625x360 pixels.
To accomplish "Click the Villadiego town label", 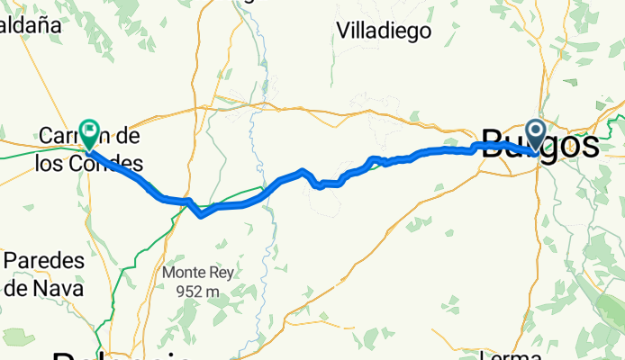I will point(384,31).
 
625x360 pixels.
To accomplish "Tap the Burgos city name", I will point(540,146).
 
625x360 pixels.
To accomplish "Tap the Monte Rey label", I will point(192,272).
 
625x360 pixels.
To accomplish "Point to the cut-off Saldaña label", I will point(31,24).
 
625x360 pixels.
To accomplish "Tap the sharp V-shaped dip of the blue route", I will point(200,214).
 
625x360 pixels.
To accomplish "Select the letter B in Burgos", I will point(494,146).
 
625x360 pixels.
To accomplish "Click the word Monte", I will point(181,272).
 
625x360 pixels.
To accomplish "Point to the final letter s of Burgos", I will point(589,146).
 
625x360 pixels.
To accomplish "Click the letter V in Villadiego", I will point(342,31).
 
